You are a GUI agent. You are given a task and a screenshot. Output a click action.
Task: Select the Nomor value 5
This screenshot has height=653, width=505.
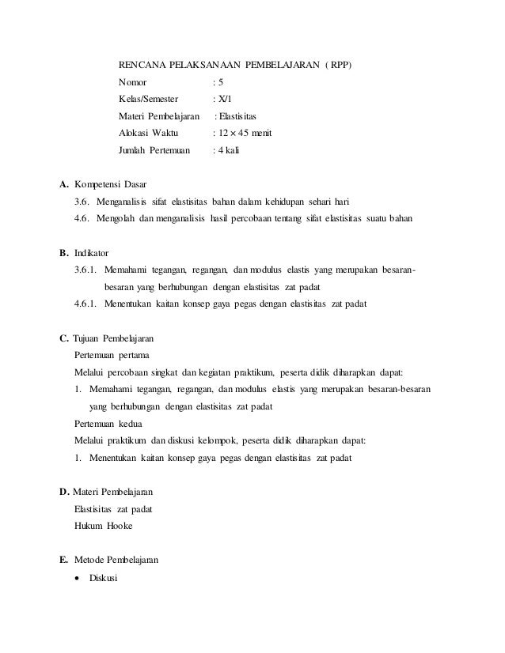click(220, 81)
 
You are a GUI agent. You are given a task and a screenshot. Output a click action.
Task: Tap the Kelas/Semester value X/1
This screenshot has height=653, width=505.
click(224, 99)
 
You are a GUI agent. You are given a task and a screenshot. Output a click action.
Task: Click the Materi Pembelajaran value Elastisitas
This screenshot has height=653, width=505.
click(242, 116)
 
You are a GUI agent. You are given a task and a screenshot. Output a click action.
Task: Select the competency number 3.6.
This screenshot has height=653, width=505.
click(82, 202)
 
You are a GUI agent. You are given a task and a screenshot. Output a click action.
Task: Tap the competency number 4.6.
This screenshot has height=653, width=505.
click(82, 217)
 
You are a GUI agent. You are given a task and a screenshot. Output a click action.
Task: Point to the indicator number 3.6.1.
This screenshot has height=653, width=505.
click(86, 270)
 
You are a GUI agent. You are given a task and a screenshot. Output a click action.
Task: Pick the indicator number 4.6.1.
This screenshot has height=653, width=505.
click(86, 304)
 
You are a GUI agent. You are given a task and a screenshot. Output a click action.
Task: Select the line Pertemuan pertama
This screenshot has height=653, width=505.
click(110, 356)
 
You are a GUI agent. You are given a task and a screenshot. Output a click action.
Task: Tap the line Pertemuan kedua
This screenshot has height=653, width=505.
click(108, 423)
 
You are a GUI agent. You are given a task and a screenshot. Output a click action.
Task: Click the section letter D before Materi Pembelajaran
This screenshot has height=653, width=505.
click(64, 493)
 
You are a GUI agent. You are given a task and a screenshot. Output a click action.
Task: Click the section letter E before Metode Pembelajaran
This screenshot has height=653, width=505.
click(63, 560)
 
